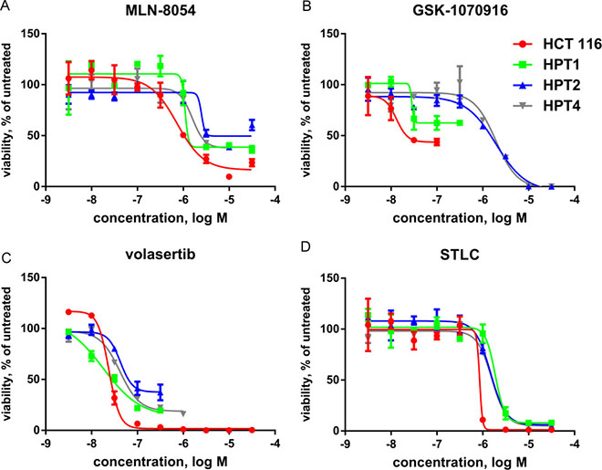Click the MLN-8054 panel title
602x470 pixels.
[161, 10]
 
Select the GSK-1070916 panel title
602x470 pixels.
[460, 10]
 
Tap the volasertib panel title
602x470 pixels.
[161, 255]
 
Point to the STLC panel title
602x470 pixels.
[460, 255]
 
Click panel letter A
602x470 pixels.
[5, 5]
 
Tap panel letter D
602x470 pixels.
[306, 245]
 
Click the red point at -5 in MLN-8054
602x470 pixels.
[229, 177]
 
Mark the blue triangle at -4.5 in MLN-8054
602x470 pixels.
[252, 126]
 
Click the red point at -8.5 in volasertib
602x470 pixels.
[68, 312]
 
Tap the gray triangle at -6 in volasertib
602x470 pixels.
[183, 413]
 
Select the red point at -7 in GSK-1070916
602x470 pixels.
[437, 143]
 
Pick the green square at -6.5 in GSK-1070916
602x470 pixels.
[460, 123]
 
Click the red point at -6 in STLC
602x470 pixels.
[483, 420]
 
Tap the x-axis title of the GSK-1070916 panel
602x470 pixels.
[460, 218]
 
